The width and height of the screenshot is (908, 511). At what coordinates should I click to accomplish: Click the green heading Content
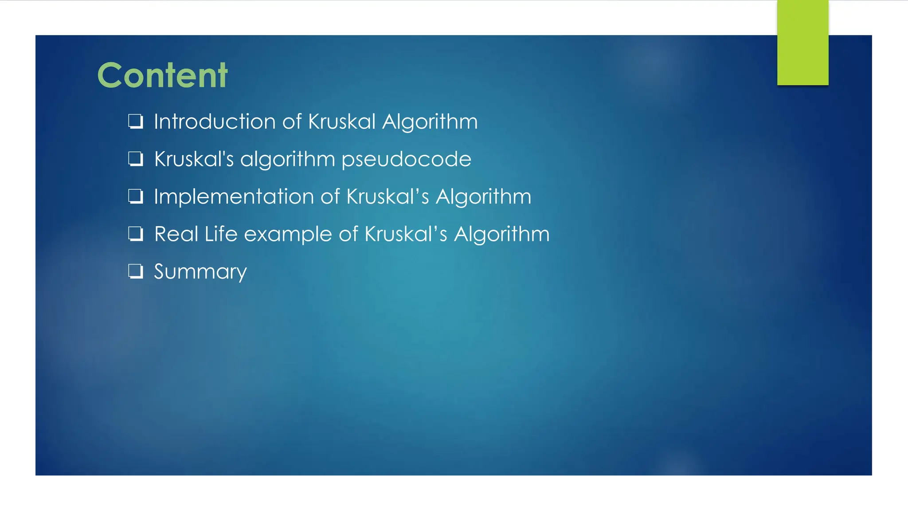[x=162, y=75]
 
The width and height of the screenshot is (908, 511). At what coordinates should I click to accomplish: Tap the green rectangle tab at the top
[x=802, y=43]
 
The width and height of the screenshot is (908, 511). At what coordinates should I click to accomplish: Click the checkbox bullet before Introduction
[x=136, y=121]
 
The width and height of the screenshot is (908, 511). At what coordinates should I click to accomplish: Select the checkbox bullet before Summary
[x=136, y=271]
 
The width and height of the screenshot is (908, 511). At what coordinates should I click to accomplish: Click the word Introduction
[x=215, y=122]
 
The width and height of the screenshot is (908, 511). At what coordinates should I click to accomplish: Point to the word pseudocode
[x=406, y=159]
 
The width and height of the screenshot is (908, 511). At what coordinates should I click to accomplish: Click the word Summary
[x=200, y=271]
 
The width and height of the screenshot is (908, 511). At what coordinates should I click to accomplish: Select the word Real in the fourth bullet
[x=176, y=234]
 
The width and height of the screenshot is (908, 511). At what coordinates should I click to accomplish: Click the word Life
[x=221, y=234]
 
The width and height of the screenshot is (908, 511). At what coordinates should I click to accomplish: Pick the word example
[x=288, y=234]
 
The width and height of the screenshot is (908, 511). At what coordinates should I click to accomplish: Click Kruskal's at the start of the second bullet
[x=194, y=159]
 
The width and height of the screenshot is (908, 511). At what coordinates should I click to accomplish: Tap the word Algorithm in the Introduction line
[x=430, y=122]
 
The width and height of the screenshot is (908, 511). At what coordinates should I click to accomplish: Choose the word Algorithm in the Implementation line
[x=483, y=197]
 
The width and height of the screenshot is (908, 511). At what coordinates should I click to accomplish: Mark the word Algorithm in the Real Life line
[x=501, y=234]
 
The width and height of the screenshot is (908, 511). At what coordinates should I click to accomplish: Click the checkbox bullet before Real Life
[x=136, y=233]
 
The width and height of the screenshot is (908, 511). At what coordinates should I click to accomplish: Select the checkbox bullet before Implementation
[x=136, y=196]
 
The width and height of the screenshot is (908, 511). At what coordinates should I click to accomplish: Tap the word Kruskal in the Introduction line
[x=342, y=122]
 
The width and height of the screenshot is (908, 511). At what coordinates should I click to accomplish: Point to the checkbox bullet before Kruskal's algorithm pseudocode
[x=136, y=159]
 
